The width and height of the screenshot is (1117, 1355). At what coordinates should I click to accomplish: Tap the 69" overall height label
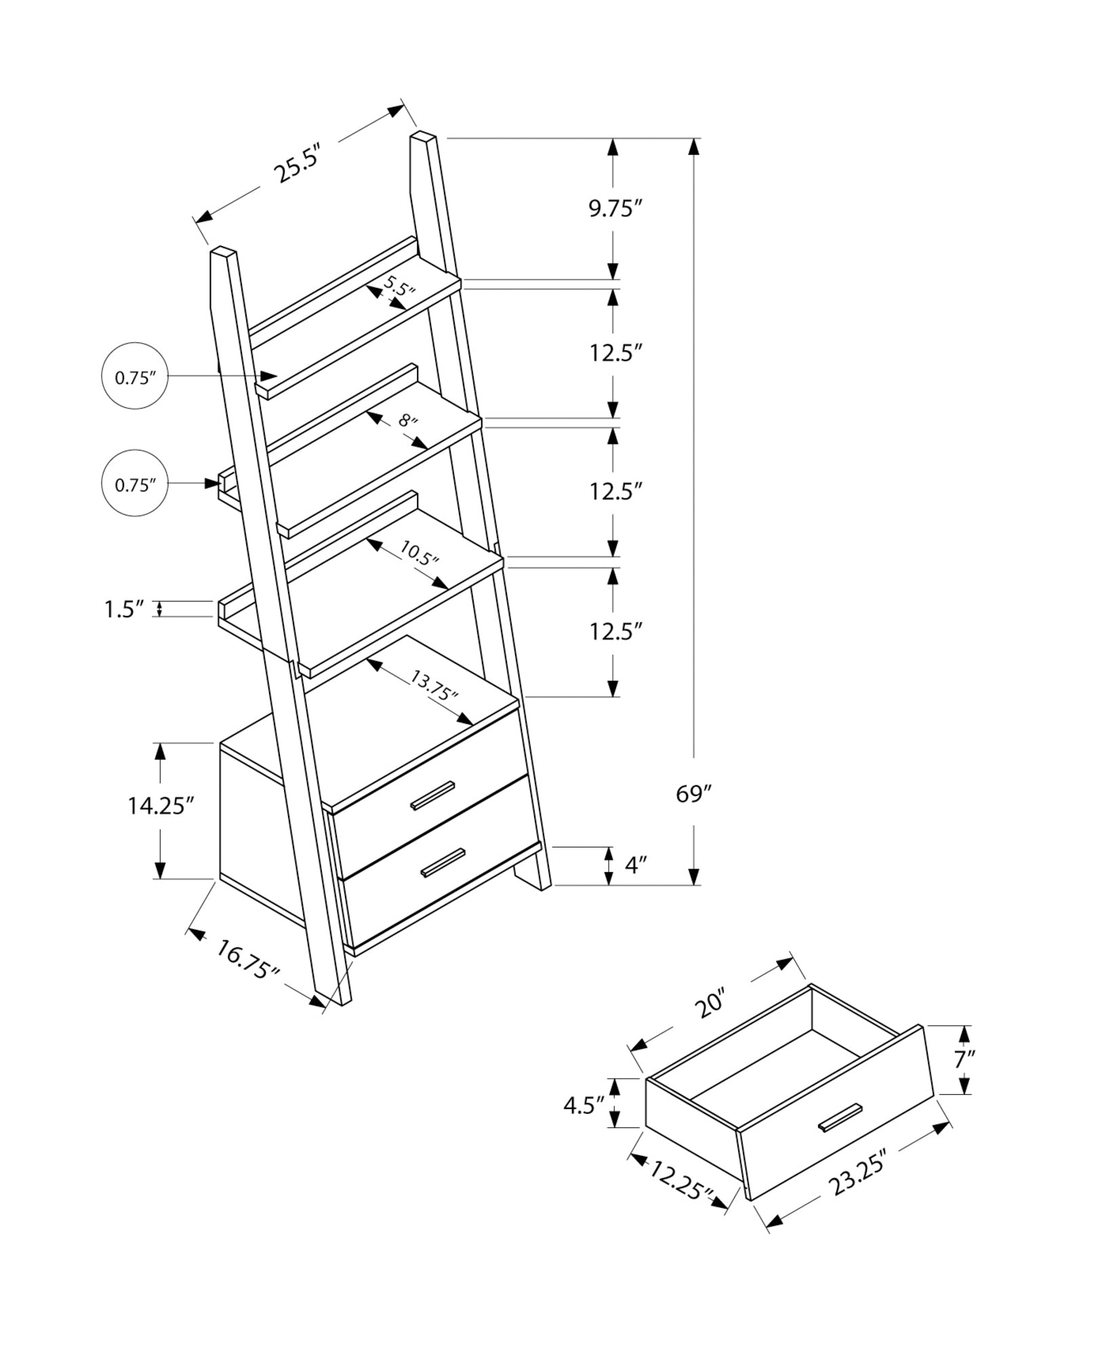tap(693, 793)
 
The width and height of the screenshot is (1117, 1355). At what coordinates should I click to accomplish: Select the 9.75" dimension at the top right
tap(614, 209)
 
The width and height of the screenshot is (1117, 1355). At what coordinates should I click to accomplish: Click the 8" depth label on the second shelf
tap(407, 421)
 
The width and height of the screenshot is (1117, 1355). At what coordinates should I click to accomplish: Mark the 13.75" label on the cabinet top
tap(434, 685)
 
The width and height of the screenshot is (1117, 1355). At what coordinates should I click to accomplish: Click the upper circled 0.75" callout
tap(135, 377)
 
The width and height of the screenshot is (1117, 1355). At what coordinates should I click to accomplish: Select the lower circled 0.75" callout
tap(135, 484)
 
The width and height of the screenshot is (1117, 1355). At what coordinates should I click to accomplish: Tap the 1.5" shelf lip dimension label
tap(125, 609)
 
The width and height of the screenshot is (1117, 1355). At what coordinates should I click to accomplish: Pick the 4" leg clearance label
tap(635, 865)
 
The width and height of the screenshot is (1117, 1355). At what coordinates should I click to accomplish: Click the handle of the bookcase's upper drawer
tap(432, 795)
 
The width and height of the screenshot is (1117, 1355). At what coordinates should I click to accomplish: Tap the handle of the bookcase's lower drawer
tap(443, 862)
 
